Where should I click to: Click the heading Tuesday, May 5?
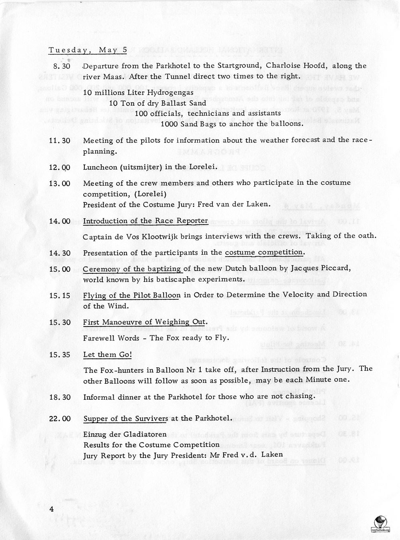pos(88,50)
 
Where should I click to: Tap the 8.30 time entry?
pos(62,66)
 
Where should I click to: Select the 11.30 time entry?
pos(60,141)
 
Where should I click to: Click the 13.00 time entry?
pos(60,183)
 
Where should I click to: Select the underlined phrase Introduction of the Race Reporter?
pos(146,221)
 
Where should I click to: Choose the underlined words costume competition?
pos(264,253)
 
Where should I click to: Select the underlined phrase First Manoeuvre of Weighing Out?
pos(145,322)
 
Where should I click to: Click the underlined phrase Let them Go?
pos(107,355)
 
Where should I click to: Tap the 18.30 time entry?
pos(60,397)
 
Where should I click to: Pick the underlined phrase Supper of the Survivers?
pos(126,419)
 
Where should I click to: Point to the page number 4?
pos(52,508)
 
